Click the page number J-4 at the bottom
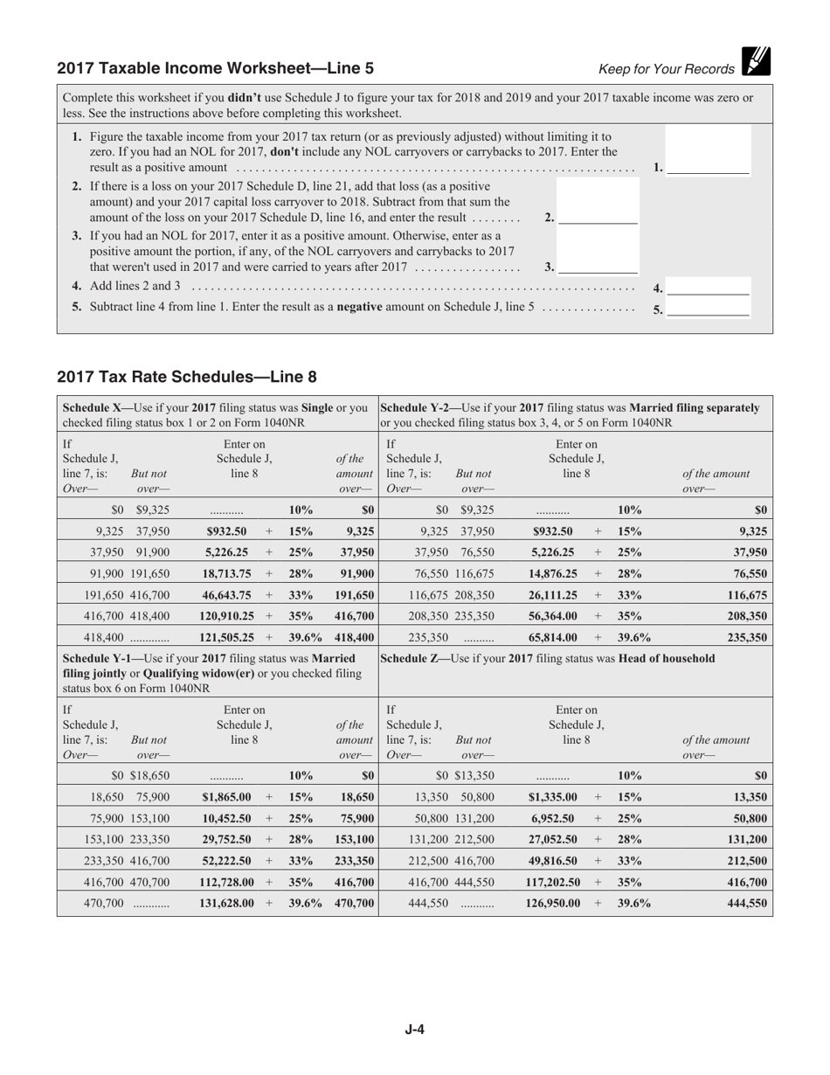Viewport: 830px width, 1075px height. pyautogui.click(x=414, y=1029)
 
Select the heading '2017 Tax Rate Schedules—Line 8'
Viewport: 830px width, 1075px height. pyautogui.click(x=187, y=378)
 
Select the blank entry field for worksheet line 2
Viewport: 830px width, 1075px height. pyautogui.click(x=598, y=216)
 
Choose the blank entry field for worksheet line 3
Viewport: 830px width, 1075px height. pyautogui.click(x=598, y=266)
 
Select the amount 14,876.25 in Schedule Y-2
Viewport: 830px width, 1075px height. pyautogui.click(x=555, y=573)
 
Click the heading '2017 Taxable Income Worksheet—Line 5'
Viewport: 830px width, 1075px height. pyautogui.click(x=215, y=68)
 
